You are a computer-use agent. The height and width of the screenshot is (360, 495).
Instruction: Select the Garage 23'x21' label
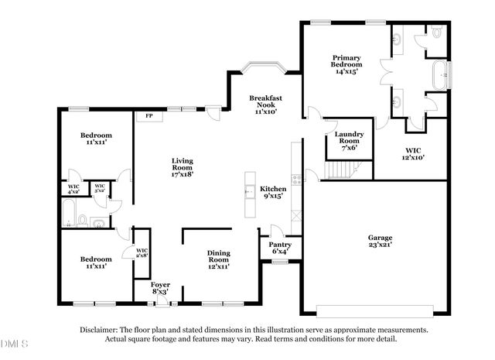(380, 242)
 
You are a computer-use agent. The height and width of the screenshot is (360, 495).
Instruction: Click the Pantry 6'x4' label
(279, 248)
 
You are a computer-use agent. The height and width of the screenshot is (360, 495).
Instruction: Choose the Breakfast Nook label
(265, 104)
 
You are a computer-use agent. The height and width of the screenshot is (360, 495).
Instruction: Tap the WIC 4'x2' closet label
(73, 188)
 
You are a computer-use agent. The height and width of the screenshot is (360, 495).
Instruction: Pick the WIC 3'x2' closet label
(100, 188)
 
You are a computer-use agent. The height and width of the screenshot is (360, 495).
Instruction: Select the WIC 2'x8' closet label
(142, 252)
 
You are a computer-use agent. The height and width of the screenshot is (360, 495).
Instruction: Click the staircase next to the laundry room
(338, 169)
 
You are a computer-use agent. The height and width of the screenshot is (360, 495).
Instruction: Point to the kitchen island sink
(250, 192)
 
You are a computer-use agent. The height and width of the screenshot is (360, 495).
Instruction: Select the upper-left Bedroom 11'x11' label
(96, 139)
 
